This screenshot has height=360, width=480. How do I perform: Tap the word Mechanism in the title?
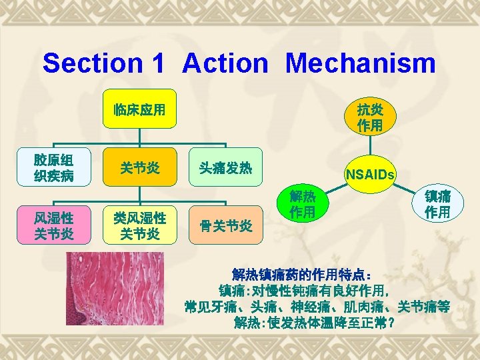(x=361, y=63)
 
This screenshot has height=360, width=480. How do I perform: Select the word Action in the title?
(x=225, y=63)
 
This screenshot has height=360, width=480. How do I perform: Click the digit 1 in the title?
(x=157, y=63)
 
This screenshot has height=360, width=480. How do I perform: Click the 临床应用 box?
(x=139, y=109)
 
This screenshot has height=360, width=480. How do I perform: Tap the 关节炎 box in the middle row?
(x=139, y=168)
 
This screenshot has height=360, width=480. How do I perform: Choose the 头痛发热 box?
(x=225, y=168)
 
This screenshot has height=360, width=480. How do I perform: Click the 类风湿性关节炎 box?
(x=139, y=225)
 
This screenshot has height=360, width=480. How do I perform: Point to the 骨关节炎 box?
(x=225, y=225)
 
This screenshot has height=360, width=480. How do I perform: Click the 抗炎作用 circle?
(x=370, y=117)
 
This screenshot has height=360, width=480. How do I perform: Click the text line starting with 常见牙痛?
(x=317, y=307)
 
